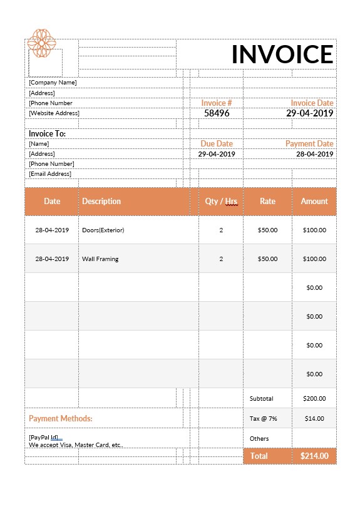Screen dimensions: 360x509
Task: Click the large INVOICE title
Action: coord(282,54)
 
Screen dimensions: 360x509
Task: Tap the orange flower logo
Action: coord(42,43)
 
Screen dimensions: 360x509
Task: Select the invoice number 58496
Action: coord(217,113)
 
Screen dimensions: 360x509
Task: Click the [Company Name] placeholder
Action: coord(53,83)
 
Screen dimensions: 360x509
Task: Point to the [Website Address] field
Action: coord(54,113)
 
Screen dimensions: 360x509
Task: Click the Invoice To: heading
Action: coord(47,133)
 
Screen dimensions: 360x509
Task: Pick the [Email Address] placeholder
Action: coord(50,174)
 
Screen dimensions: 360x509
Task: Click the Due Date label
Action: coord(217,144)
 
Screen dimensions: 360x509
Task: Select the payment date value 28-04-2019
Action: coord(314,154)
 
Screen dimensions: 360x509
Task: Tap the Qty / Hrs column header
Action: coord(221,202)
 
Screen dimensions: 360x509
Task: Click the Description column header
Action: coord(101,202)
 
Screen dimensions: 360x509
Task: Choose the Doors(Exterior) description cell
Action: coord(103,230)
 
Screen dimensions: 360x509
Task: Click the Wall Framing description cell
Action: coord(100,259)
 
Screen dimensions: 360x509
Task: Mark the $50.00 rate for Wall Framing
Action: coord(267,259)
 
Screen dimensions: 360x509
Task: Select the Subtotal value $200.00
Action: coord(314,398)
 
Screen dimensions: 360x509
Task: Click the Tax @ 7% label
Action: coord(264,418)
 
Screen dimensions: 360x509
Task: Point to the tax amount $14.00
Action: coord(314,418)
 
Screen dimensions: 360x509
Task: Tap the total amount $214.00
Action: coord(314,456)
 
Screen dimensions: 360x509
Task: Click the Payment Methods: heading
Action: coord(61,418)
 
